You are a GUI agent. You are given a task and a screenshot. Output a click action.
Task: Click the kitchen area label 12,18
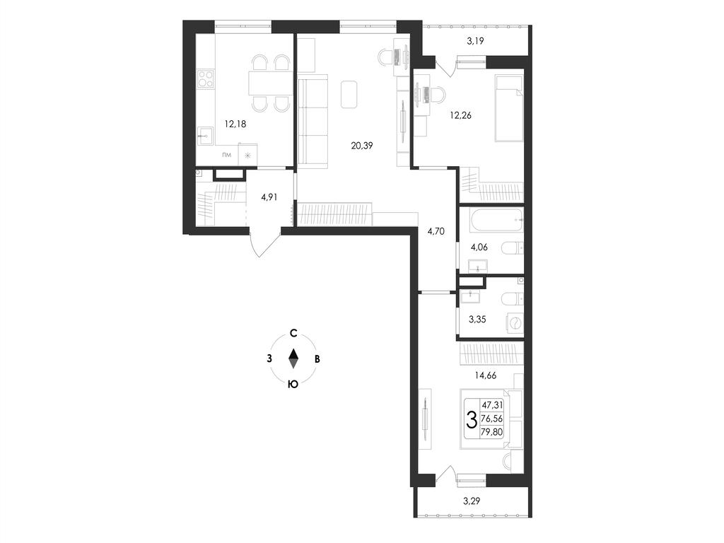[235, 124]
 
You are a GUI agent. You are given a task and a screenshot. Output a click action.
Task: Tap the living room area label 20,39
[362, 146]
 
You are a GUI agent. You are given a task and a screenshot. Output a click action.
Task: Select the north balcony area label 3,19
[475, 41]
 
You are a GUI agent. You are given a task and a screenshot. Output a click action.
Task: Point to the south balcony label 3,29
[472, 501]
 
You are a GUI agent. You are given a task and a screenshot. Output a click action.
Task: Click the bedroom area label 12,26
[461, 115]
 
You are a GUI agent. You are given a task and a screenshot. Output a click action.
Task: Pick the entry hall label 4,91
[269, 197]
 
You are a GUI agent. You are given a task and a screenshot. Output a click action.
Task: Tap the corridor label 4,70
[436, 231]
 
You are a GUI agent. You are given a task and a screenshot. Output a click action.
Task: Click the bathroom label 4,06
[479, 247]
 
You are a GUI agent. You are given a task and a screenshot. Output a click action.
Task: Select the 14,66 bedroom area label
[485, 376]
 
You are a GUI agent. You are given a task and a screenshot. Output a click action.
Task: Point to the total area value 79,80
[492, 432]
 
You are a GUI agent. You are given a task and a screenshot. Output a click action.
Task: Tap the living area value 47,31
[492, 405]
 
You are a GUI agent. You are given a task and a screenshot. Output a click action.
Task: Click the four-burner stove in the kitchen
[206, 79]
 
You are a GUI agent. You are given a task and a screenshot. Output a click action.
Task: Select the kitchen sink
[205, 136]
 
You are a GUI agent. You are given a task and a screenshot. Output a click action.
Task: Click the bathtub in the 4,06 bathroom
[496, 221]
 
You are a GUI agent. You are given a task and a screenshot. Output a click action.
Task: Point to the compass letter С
[293, 334]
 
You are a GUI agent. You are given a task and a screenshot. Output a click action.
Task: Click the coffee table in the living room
[349, 94]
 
